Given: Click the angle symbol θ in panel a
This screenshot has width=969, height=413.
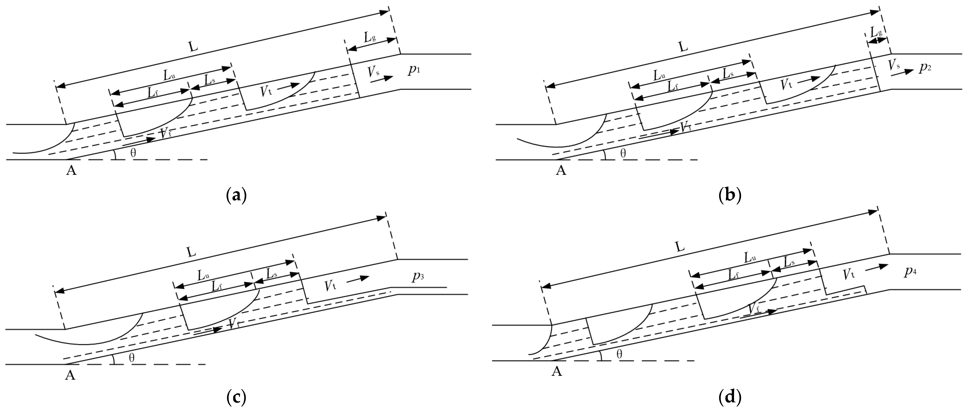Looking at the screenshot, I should click(x=133, y=153).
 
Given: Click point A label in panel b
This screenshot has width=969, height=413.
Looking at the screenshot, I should click(x=561, y=171).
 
